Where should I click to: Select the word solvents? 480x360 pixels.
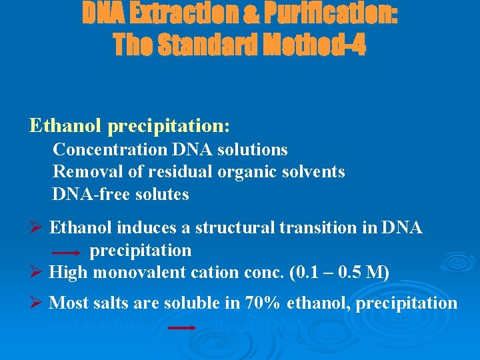click(x=310, y=172)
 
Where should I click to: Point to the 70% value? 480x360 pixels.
click(x=262, y=303)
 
